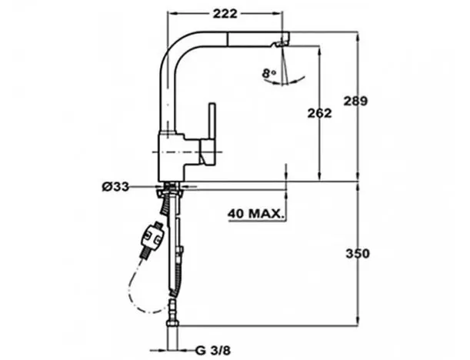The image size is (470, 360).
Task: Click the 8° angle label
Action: click(x=268, y=75)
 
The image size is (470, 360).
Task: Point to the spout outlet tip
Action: click(x=283, y=40)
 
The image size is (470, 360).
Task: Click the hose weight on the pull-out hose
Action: click(x=152, y=236)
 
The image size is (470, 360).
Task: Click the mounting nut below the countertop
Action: click(x=171, y=192)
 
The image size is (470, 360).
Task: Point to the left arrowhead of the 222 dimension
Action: click(x=172, y=14)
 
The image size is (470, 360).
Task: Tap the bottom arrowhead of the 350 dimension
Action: click(x=358, y=321)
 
